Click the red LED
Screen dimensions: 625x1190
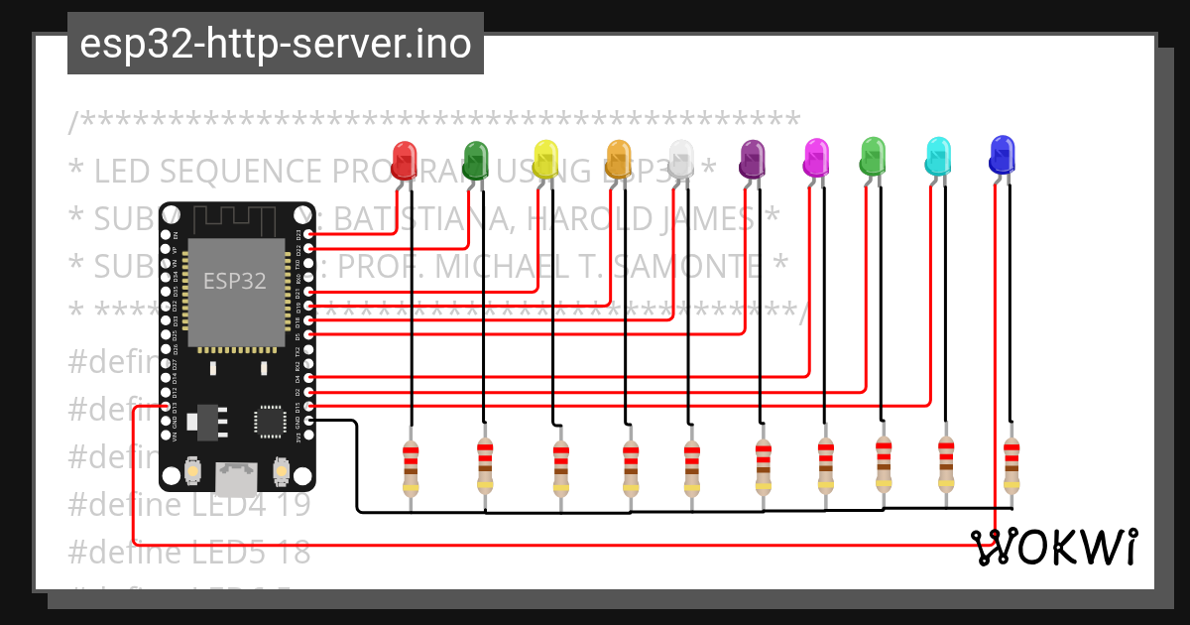tap(404, 160)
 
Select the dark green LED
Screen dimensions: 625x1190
tap(476, 158)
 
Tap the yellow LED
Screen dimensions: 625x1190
tap(546, 159)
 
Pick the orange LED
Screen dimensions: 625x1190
tap(618, 159)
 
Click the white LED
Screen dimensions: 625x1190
tap(680, 159)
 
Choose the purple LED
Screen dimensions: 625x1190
tap(753, 158)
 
